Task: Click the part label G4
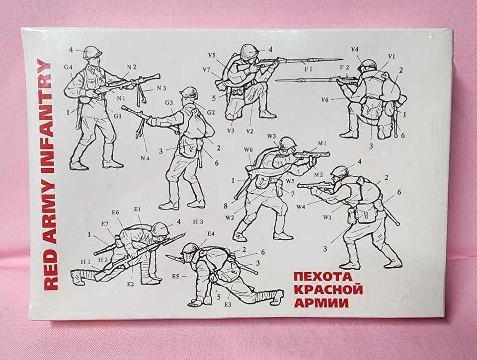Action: click(68, 68)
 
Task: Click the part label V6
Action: click(324, 100)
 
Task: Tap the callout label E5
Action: click(175, 276)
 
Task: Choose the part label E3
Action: click(228, 304)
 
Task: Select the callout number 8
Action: click(226, 205)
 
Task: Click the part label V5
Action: click(212, 55)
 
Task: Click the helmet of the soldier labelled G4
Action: click(92, 52)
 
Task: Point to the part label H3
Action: click(198, 221)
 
